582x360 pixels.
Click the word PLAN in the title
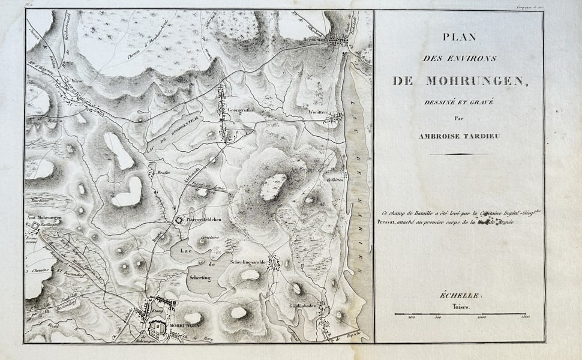click(459, 37)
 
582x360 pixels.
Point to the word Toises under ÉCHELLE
click(459, 306)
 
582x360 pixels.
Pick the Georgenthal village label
click(242, 110)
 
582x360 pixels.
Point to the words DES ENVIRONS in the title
click(459, 59)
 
